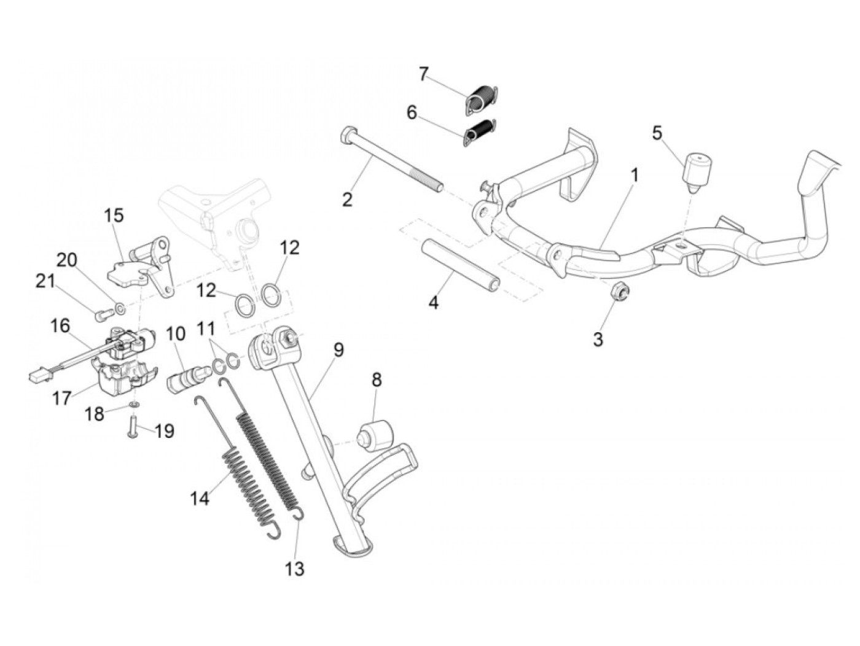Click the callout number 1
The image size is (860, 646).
[x=635, y=176]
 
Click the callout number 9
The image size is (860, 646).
[x=338, y=351]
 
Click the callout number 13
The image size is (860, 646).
[x=295, y=569]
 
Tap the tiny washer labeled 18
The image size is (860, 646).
[x=133, y=405]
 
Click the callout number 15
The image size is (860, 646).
[x=114, y=216]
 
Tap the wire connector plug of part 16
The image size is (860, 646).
[x=36, y=374]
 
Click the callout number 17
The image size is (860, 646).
[x=61, y=399]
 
